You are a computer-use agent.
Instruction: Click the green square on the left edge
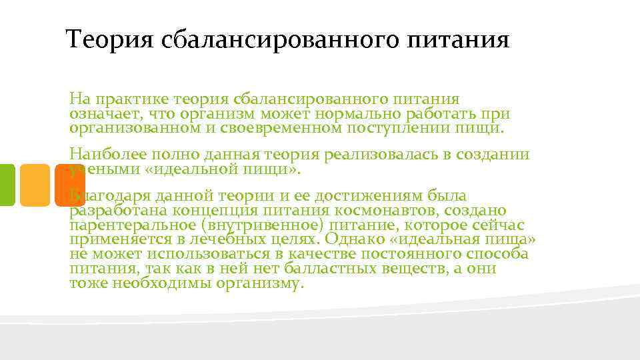pos(6,185)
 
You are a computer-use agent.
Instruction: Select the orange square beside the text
pos(35,185)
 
